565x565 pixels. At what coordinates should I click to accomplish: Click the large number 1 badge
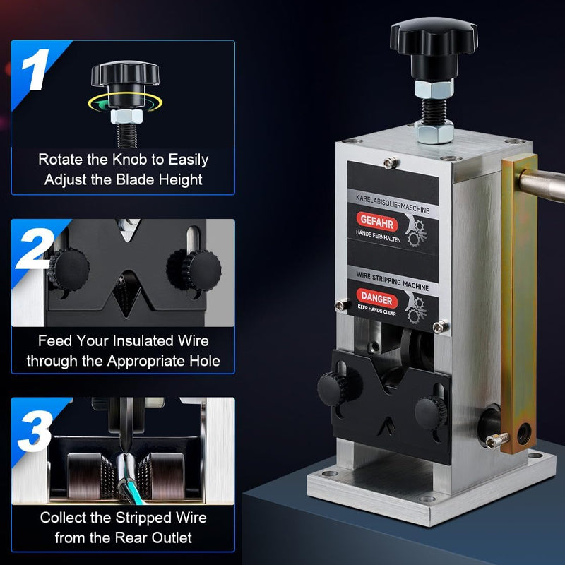34,69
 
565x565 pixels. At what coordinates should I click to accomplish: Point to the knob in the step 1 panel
124,74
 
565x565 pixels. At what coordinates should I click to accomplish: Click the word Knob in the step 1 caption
127,160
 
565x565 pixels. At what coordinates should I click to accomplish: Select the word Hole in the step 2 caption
202,361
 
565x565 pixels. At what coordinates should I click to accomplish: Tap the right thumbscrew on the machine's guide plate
429,410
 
